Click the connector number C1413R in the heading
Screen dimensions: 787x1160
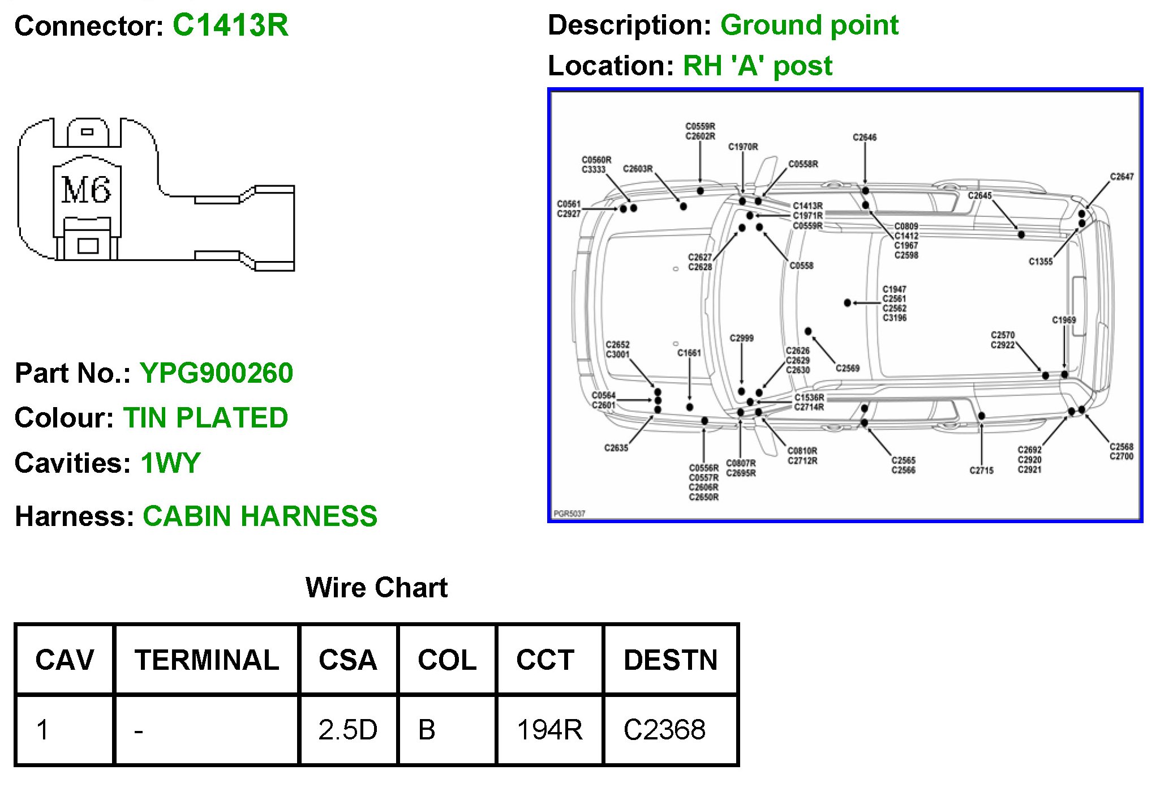(x=230, y=25)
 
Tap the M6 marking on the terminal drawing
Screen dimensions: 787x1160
(x=86, y=190)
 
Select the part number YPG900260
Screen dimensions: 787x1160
(x=216, y=373)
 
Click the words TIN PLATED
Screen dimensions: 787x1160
(x=205, y=418)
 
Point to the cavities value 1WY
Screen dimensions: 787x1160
(x=170, y=463)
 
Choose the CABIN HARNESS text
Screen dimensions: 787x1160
(x=260, y=516)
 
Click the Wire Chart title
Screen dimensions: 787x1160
(x=376, y=588)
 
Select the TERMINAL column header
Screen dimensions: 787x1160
(x=207, y=660)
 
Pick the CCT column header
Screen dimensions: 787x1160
(x=545, y=660)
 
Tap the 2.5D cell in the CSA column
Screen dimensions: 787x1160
(x=347, y=730)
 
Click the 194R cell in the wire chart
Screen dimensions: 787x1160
(x=549, y=730)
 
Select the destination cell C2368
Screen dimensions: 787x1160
(x=664, y=730)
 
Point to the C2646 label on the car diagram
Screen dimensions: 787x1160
(x=865, y=138)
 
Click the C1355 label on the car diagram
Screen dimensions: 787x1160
(x=1041, y=262)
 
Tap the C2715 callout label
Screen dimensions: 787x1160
(x=981, y=471)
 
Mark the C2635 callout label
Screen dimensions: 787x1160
(x=616, y=448)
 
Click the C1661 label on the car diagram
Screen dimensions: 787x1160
(x=689, y=353)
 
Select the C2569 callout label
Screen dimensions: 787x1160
(x=848, y=369)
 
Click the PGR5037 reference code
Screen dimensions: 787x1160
(x=569, y=514)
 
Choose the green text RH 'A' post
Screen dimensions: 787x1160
(x=757, y=66)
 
